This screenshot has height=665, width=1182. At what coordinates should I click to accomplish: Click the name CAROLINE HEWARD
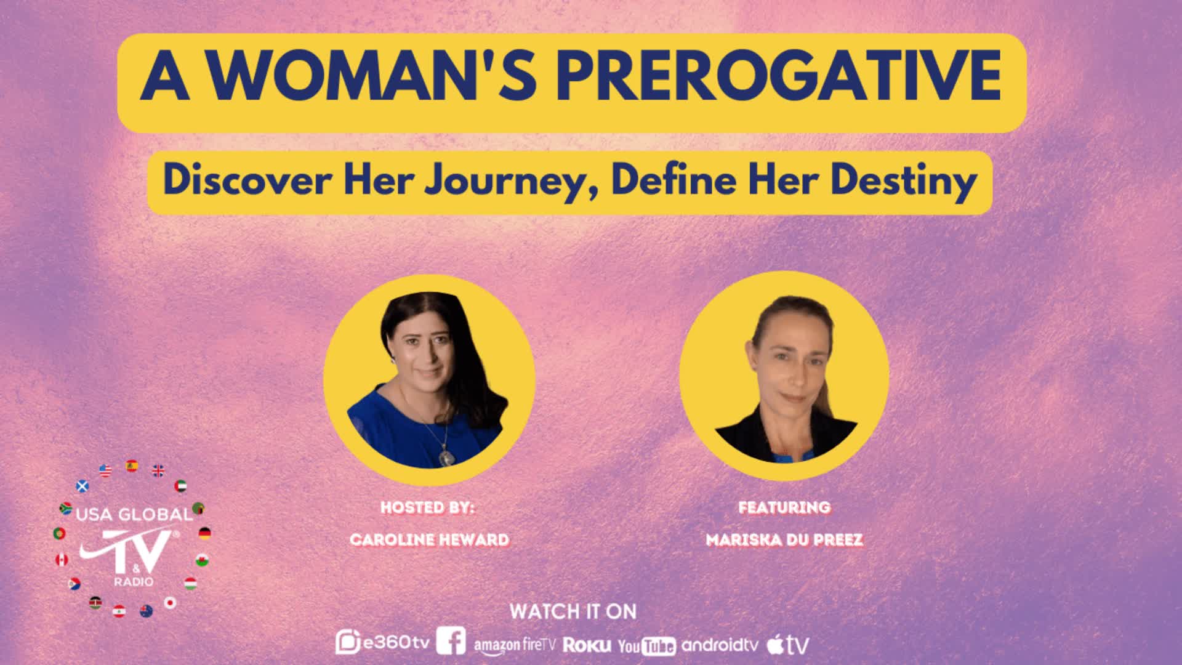[429, 540]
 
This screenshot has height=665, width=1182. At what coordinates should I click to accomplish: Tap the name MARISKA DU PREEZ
[784, 540]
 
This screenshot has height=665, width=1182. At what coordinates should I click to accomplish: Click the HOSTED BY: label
[428, 507]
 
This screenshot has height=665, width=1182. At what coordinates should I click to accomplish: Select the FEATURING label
[784, 507]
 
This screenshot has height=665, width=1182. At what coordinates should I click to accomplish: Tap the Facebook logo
[451, 641]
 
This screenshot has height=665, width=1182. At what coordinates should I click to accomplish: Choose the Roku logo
[587, 645]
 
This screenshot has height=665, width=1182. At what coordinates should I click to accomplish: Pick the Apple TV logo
[787, 645]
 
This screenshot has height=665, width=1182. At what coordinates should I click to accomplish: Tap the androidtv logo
[720, 645]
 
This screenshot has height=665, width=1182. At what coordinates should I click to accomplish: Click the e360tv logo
[382, 643]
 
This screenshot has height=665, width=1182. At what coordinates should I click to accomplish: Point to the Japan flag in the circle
[170, 602]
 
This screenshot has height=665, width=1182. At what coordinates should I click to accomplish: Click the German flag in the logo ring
[205, 533]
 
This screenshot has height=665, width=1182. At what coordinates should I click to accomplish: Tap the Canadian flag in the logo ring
[62, 560]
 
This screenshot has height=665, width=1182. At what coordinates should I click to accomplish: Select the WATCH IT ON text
[573, 611]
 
